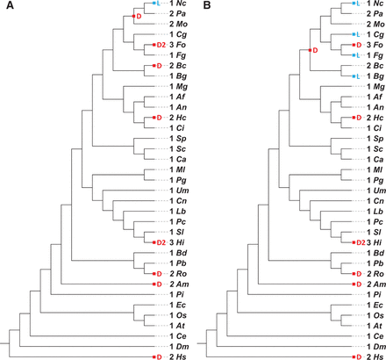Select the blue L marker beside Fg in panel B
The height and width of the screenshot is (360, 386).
click(356, 55)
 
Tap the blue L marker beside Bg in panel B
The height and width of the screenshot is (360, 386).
click(356, 77)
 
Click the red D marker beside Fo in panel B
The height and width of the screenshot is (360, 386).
click(354, 44)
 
